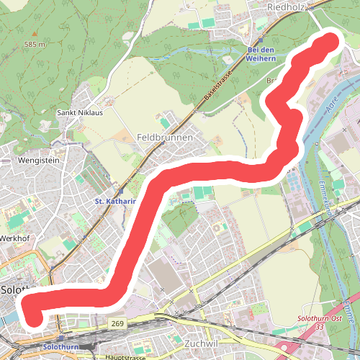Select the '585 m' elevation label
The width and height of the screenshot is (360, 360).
pyautogui.click(x=34, y=45)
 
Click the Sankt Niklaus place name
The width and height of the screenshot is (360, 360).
pyautogui.click(x=80, y=113)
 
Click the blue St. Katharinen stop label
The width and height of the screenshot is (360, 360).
pyautogui.click(x=115, y=202)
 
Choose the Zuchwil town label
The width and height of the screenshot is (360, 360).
pyautogui.click(x=201, y=343)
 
